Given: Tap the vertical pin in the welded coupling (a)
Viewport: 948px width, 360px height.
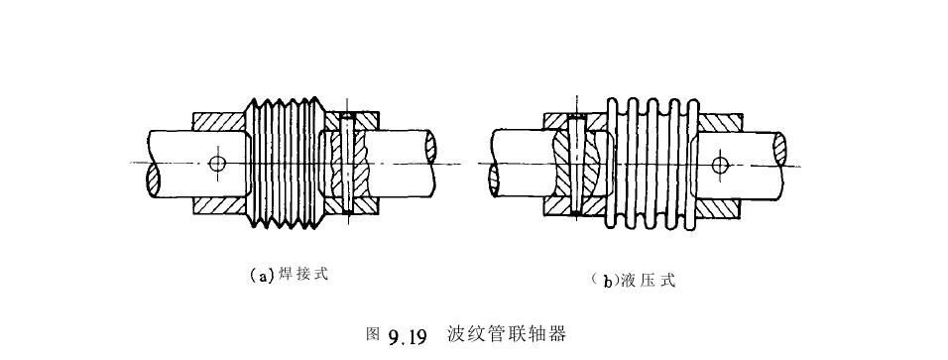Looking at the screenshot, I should coord(347,165).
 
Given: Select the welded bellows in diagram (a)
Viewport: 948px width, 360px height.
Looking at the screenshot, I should coord(283,163).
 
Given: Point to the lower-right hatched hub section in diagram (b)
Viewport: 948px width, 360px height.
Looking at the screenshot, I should coord(721,205).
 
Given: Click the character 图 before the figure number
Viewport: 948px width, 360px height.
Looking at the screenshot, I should coord(373,334).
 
